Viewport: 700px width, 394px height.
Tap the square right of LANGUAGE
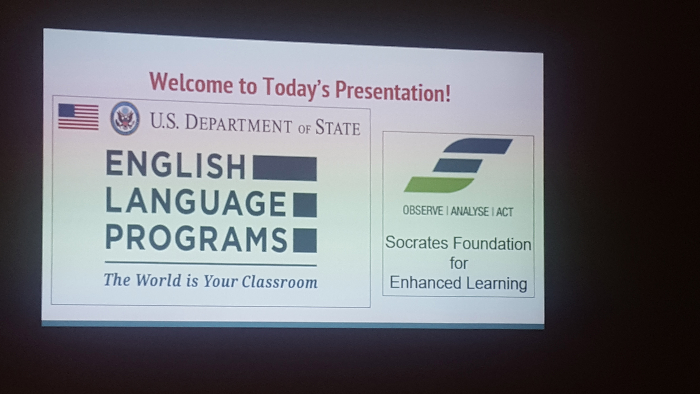point(305,205)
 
